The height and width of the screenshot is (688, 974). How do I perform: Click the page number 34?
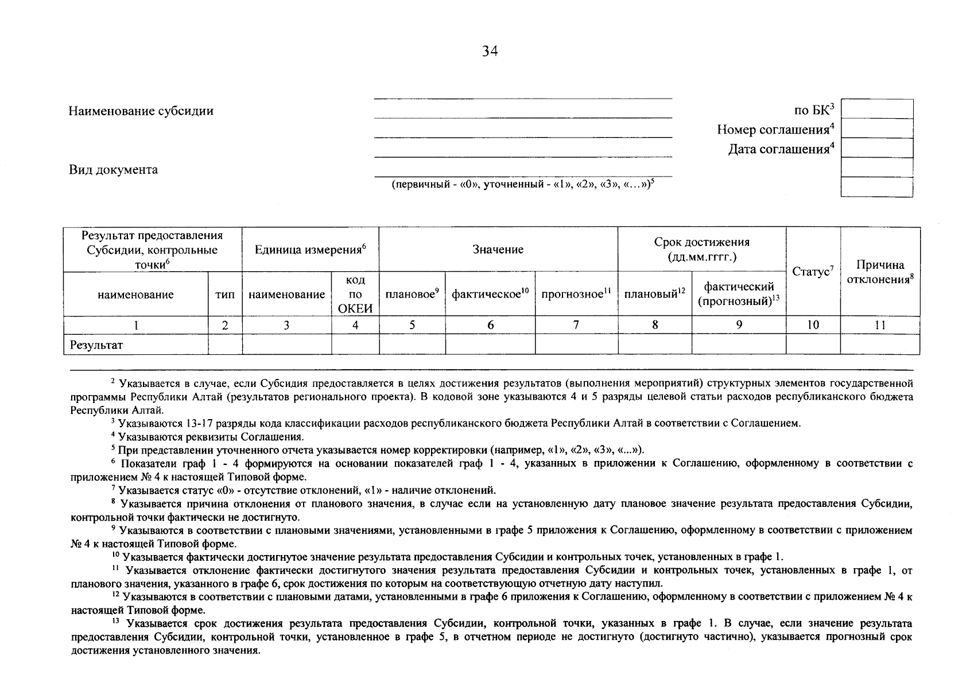490,52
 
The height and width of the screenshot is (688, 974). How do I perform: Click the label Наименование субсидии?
141,111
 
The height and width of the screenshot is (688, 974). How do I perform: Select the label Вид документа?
113,170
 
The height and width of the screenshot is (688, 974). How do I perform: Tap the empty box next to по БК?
876,109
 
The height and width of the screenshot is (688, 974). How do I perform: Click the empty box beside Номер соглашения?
876,128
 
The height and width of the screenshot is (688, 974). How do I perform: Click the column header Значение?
498,249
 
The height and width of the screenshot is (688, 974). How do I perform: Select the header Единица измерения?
310,249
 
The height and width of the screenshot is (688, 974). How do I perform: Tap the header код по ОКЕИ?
355,294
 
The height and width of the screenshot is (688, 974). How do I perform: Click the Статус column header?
812,271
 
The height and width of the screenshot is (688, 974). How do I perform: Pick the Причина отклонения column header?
880,272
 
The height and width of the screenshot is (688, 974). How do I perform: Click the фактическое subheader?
490,294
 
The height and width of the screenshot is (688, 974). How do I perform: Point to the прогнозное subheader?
576,294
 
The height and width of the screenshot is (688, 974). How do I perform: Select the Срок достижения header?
701,249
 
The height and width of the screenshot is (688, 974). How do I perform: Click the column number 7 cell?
576,325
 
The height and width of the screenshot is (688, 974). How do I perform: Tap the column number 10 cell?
812,325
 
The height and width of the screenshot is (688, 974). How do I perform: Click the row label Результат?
96,345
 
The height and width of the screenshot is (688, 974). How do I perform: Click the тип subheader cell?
224,295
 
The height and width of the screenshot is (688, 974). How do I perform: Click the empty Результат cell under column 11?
880,345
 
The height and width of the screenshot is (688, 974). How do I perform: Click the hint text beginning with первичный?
522,185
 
